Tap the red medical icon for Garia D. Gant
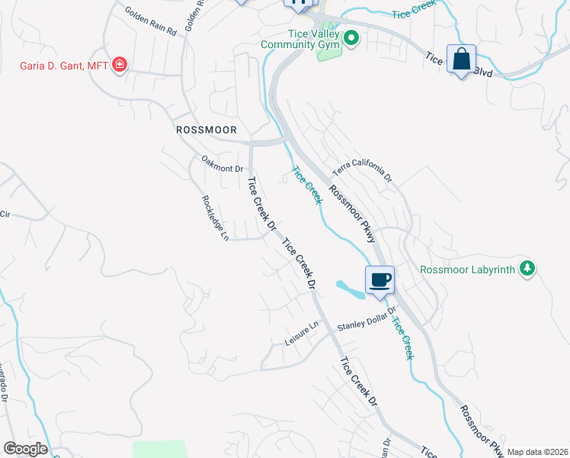coord(119,65)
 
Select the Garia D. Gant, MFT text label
coord(64,65)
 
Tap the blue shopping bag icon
coord(462,59)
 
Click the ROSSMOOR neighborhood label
coord(207,130)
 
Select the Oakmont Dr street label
coord(222,163)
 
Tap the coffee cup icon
coord(379,279)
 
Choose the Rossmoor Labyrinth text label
coord(468,269)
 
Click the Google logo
coord(26,449)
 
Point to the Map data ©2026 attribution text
coord(537,452)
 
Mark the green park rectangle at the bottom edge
coord(159,449)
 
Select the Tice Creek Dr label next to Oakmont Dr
coord(261,204)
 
